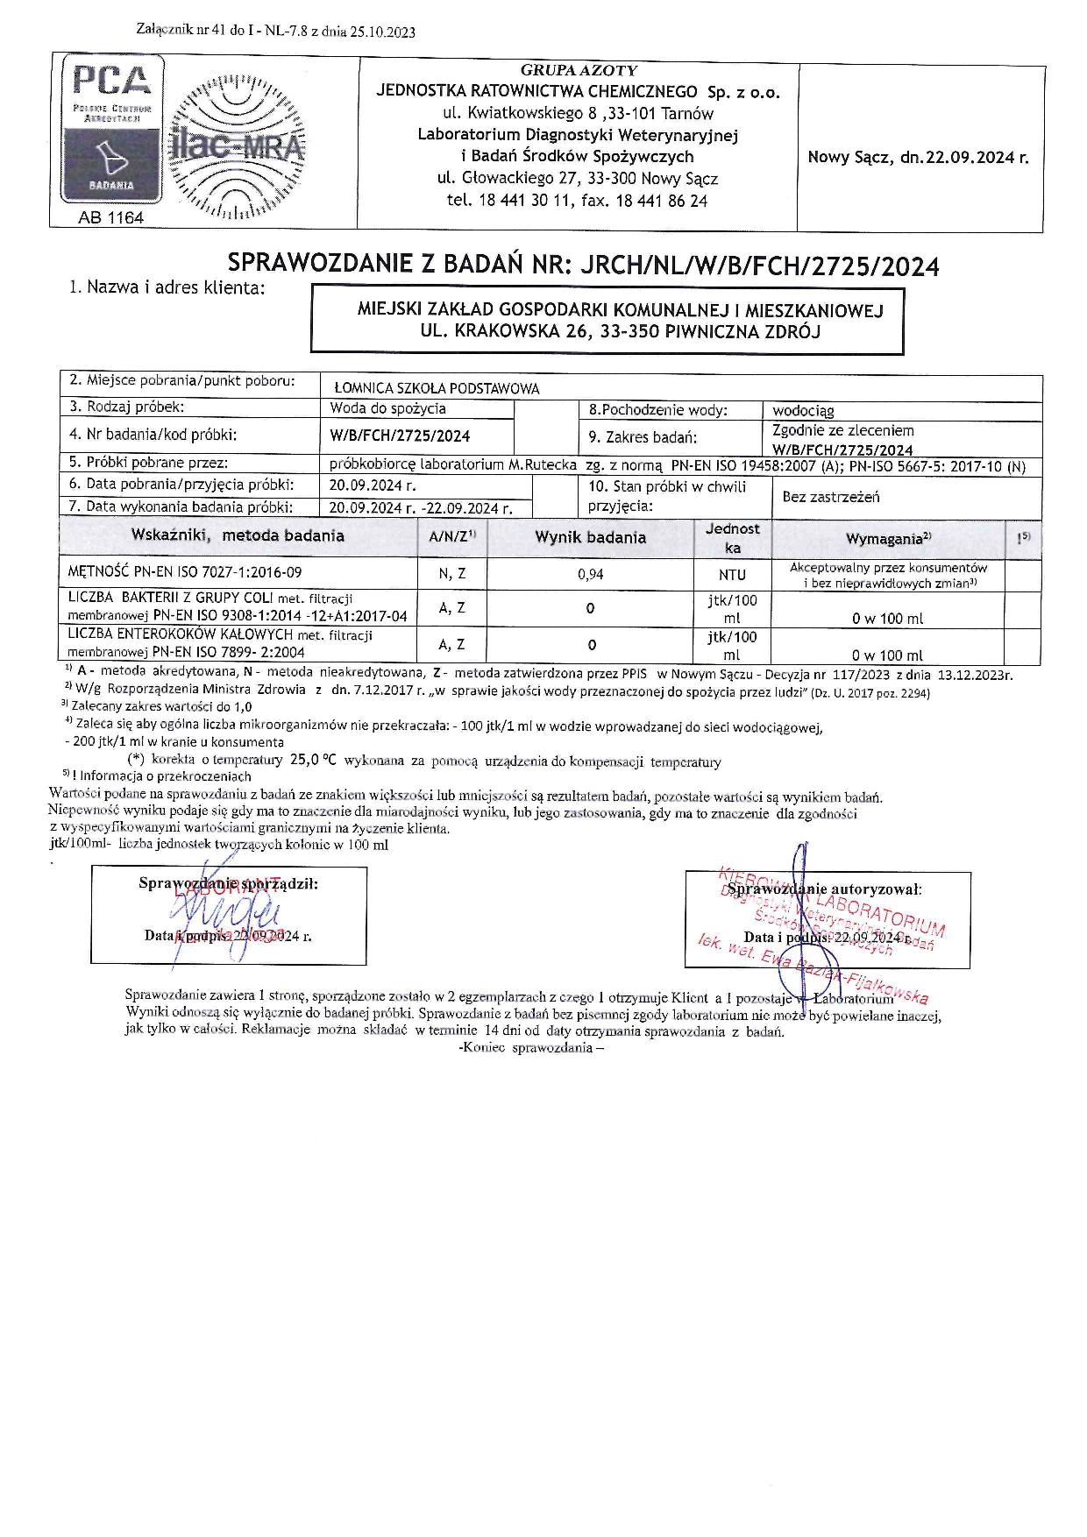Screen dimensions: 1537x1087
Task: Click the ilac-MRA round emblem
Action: (x=237, y=149)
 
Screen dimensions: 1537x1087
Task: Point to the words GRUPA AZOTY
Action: (x=579, y=70)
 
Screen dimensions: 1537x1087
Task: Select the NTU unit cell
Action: (x=732, y=575)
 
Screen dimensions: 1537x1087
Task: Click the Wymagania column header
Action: (x=888, y=539)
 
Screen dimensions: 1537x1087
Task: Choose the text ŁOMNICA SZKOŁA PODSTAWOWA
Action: (x=437, y=388)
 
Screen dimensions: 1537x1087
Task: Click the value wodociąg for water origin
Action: (x=803, y=410)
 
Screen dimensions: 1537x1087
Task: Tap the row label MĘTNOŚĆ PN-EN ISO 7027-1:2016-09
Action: (x=185, y=572)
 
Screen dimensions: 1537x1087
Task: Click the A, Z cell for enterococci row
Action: (x=451, y=644)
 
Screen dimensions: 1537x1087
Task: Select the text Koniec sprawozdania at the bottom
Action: (x=531, y=1049)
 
